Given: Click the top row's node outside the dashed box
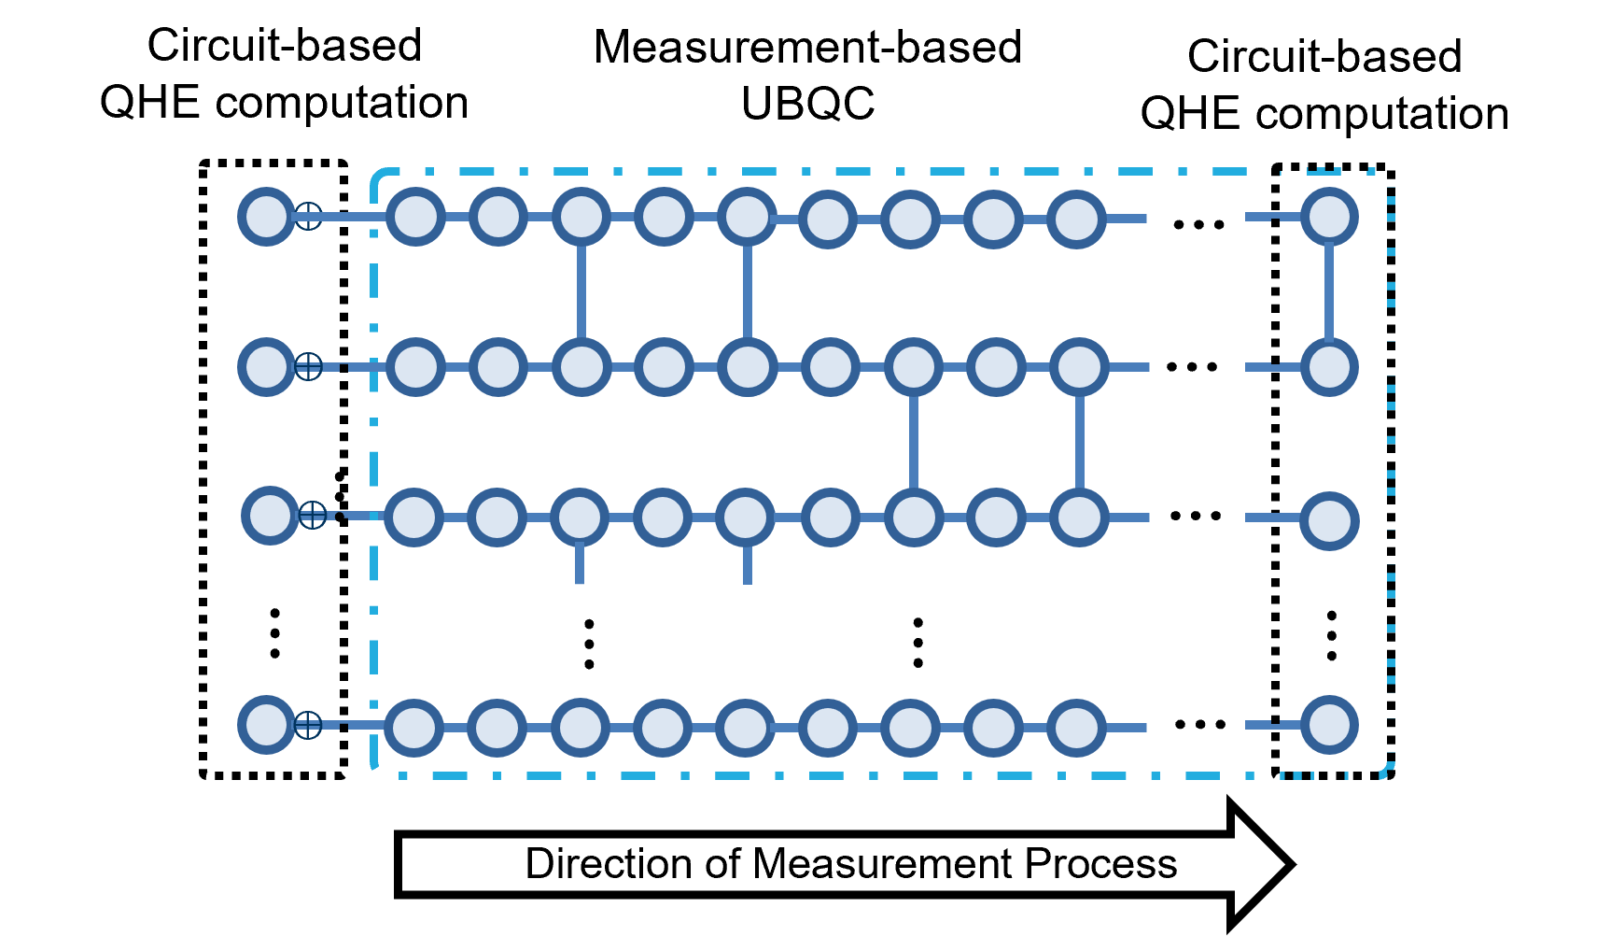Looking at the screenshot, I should coord(266,217).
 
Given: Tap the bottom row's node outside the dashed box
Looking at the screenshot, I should coord(266,725).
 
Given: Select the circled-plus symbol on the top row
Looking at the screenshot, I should coord(308,216).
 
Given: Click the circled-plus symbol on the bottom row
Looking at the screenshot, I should coord(308,725).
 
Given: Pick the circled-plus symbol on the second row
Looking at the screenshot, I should coord(308,366).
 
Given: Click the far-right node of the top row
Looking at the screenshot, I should coord(1329,217).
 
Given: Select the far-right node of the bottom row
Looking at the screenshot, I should coord(1329,725).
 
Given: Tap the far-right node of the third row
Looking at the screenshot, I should coord(1329,521).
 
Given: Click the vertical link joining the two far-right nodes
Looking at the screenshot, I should coord(1329,291).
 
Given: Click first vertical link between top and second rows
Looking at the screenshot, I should coord(581,291).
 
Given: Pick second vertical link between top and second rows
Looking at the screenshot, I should coord(748,291).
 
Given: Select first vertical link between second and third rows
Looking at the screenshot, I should coord(914,442).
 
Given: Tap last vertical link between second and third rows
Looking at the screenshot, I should coord(1080,442).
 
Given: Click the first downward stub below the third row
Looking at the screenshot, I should coord(580,566).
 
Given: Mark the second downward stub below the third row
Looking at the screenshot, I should coord(748,566).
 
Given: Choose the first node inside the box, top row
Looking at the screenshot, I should coord(415,217).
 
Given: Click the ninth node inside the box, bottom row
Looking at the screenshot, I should coord(1076,728).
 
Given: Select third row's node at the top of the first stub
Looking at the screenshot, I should coord(580,518).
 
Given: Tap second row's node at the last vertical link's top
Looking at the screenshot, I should coord(1080,367).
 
